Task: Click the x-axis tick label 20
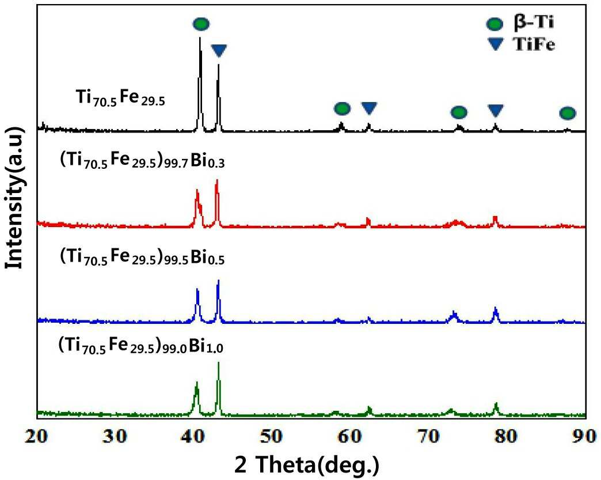37,436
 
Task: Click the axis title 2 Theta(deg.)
307,464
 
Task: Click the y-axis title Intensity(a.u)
14,198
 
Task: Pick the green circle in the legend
494,24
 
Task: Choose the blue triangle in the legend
495,45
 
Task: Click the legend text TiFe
534,45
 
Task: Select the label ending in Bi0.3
142,161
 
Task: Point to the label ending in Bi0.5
142,257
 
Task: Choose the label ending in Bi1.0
140,346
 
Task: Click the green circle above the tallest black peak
201,24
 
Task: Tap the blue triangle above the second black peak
219,50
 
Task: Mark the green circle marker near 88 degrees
567,113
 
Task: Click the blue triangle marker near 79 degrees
495,110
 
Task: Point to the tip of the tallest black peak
200,37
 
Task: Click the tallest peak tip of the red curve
217,180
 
